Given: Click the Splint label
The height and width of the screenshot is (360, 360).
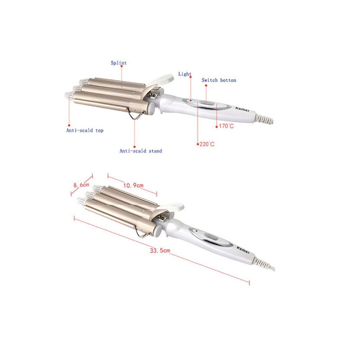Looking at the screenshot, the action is [119, 63].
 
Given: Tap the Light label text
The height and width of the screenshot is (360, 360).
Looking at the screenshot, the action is [185, 74].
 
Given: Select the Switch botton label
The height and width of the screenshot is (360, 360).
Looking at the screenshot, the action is [219, 80].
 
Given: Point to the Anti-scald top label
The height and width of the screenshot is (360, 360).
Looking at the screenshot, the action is [85, 130].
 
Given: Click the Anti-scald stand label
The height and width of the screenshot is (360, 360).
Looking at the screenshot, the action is [141, 151].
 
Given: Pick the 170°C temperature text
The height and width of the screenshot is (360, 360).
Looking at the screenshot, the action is [226, 126].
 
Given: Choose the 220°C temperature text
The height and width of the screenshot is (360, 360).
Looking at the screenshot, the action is [207, 144].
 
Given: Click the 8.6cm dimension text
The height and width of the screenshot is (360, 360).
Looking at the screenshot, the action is [81, 185].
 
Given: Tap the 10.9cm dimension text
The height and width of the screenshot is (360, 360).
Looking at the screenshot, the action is [133, 185].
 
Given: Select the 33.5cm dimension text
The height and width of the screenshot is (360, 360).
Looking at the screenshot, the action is [160, 250].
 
